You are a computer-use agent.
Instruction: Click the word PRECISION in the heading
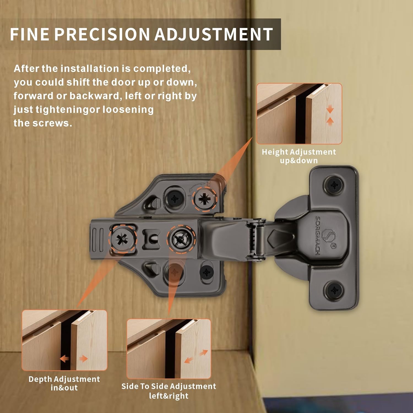coord(102,34)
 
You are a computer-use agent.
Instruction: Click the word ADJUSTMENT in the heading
coord(213,34)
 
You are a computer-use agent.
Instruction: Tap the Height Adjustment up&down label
coord(299,156)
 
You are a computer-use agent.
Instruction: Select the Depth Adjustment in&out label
coord(64,383)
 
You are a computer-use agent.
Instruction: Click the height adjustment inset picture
coord(299,113)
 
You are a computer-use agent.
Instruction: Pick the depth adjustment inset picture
coord(64,340)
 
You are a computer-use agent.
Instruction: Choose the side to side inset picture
coord(169,349)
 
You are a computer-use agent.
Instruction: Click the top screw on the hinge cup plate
coord(334,185)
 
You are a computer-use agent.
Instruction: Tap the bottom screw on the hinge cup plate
coord(334,290)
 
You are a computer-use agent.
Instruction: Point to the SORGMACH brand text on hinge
coord(317,235)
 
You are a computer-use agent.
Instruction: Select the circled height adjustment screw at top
coord(205,199)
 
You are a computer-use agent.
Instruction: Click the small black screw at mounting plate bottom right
coord(207,273)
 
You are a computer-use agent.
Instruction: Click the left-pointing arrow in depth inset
coord(64,359)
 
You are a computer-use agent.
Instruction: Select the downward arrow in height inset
coord(330,110)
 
